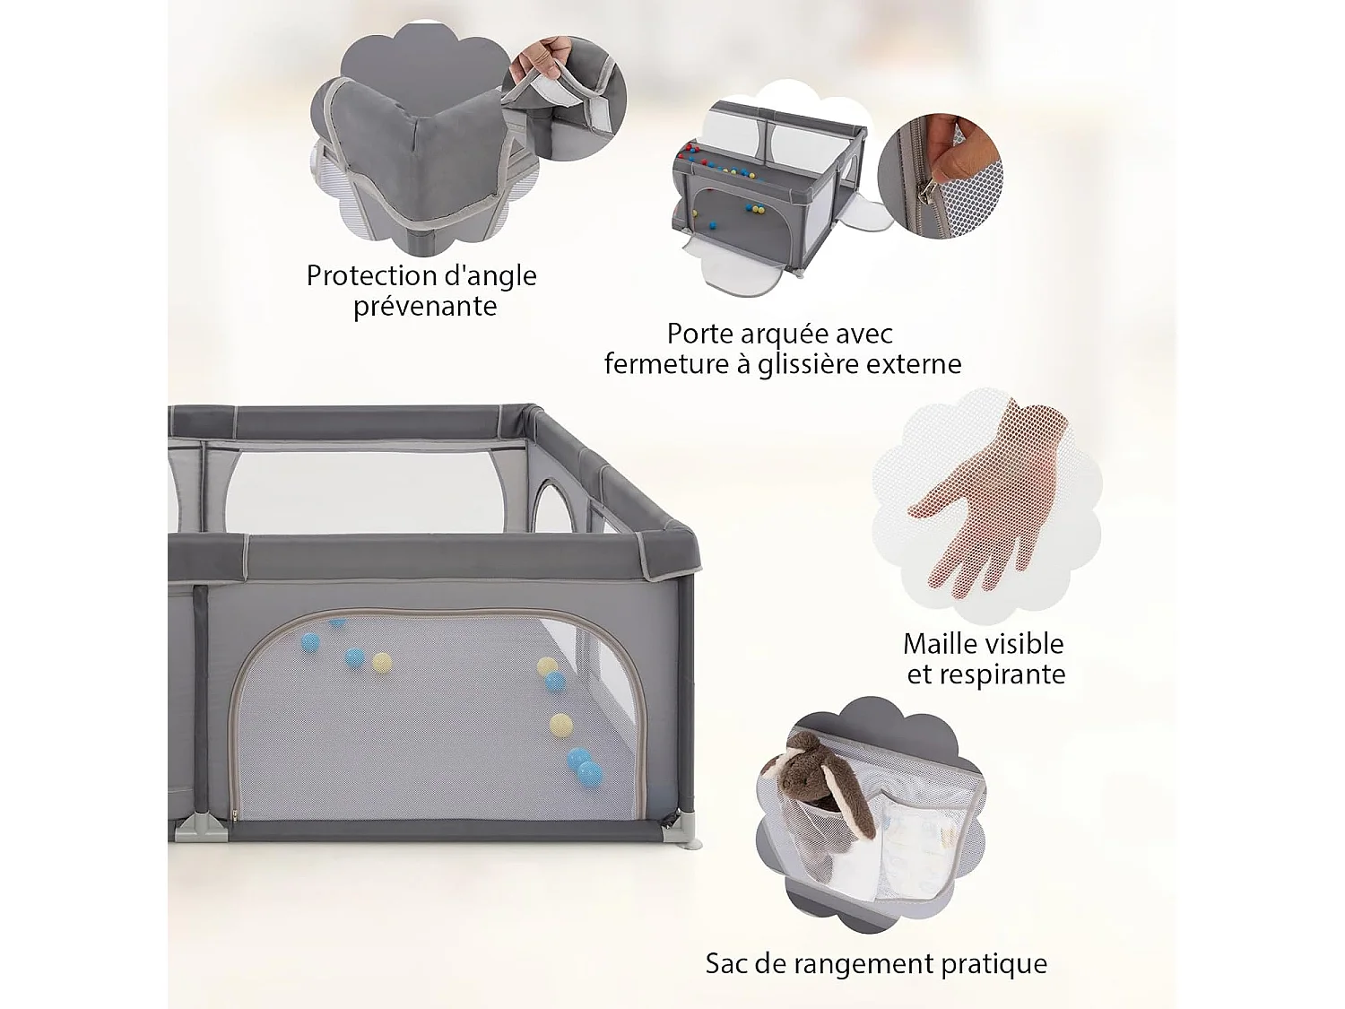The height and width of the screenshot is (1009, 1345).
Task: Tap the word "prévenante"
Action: (424, 307)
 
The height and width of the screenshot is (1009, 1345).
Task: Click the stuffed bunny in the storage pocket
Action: (811, 789)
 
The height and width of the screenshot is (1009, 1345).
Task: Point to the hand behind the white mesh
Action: (986, 502)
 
